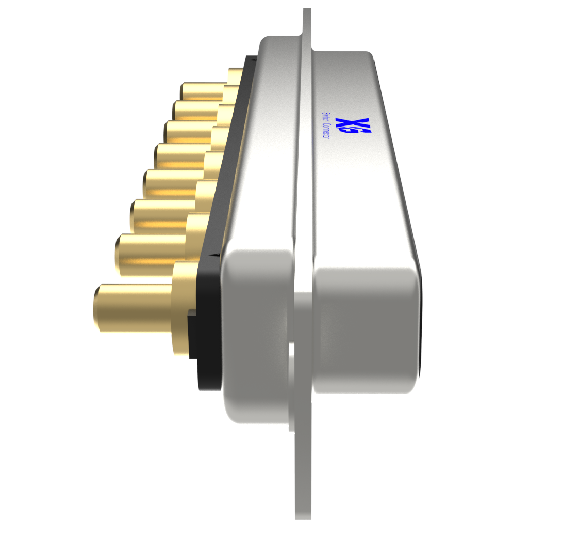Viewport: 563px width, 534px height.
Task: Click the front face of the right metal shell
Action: click(x=366, y=331)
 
